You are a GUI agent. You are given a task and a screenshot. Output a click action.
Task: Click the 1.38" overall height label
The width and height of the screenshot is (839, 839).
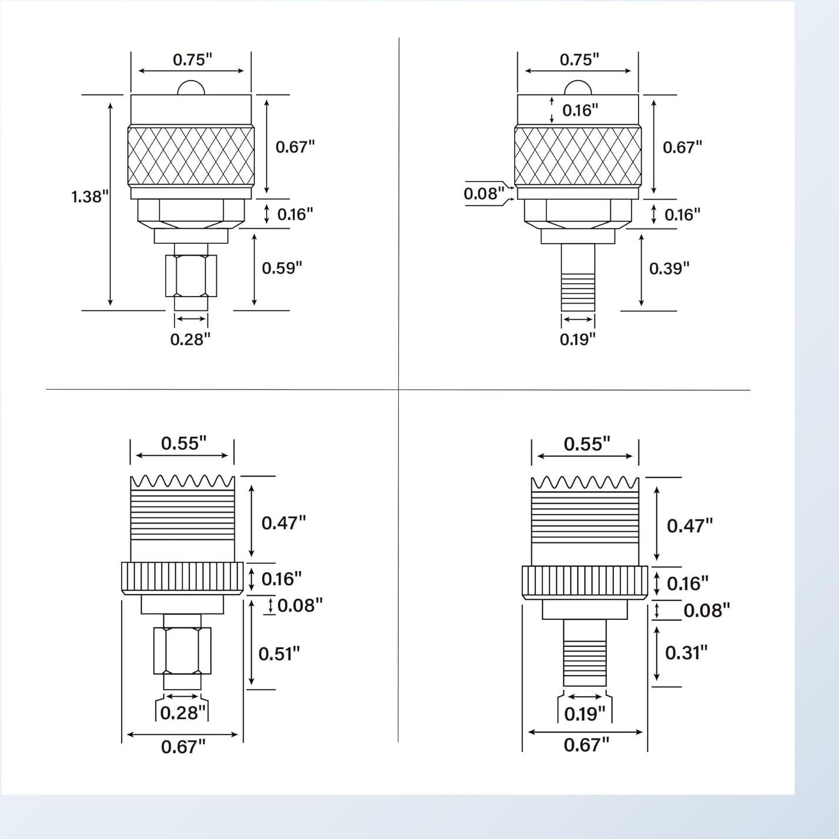click(x=90, y=197)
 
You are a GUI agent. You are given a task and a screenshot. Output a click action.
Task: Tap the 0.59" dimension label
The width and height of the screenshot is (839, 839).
click(x=281, y=269)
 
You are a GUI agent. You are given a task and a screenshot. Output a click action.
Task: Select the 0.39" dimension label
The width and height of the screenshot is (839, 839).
click(x=669, y=269)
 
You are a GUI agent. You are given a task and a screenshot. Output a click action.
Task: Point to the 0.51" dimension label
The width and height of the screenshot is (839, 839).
click(x=279, y=653)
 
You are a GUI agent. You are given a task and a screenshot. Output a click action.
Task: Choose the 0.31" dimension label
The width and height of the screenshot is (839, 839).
click(x=686, y=652)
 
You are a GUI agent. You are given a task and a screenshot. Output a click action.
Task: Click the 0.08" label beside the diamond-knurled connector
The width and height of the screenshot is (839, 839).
click(x=484, y=193)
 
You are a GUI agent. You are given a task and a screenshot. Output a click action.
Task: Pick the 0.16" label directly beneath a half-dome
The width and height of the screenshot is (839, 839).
click(x=580, y=110)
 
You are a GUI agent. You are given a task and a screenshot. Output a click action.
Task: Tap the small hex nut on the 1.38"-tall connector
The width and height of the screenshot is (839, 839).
click(x=191, y=276)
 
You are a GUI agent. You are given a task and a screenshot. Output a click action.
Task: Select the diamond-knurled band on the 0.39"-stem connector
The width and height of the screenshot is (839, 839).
click(x=578, y=156)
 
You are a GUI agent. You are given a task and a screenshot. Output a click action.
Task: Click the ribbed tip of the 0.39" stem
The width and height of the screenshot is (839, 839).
click(x=578, y=292)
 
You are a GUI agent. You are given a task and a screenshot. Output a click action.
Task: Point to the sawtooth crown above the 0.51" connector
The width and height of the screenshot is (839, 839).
click(x=182, y=482)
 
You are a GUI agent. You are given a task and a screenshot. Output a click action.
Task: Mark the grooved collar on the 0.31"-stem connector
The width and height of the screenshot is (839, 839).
click(x=585, y=582)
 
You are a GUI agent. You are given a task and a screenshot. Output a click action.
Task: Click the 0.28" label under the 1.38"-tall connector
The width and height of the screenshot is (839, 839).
click(x=190, y=339)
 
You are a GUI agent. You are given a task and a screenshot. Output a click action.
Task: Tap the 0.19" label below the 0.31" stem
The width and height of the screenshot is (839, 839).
click(x=584, y=714)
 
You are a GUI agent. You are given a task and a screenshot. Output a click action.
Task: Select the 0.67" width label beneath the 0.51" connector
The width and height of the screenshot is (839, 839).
click(x=183, y=747)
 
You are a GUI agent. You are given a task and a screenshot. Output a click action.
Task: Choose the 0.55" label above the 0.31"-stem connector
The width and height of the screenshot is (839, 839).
click(x=586, y=444)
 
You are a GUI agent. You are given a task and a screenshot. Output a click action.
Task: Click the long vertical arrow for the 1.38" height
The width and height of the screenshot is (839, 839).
click(x=110, y=203)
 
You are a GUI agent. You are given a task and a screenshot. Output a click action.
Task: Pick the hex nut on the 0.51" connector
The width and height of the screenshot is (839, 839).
click(x=182, y=650)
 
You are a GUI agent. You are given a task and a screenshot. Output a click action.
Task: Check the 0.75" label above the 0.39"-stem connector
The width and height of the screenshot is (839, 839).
click(x=579, y=60)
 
